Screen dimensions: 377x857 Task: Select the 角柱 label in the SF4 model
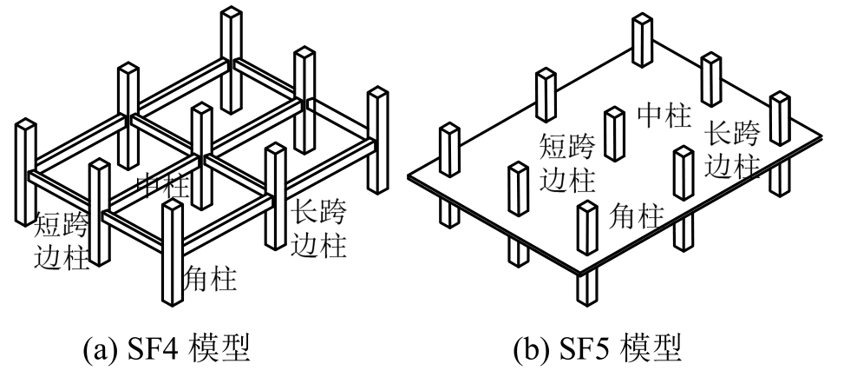coord(212,277)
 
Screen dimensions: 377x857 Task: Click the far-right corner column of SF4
coord(377,139)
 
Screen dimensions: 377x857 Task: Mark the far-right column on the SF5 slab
coord(780,118)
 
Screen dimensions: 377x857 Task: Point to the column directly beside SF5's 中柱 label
coord(614,134)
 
